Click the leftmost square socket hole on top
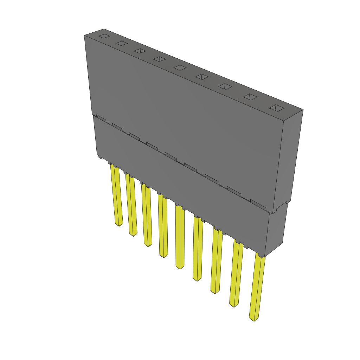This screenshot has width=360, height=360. [104, 36]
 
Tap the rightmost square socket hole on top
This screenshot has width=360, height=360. [276, 108]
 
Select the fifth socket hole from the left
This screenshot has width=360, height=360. [180, 67]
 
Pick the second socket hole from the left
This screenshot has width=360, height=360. [121, 43]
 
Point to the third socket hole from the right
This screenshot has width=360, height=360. [226, 86]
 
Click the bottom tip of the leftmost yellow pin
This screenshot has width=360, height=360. [119, 224]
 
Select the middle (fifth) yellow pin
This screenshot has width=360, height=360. [180, 239]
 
